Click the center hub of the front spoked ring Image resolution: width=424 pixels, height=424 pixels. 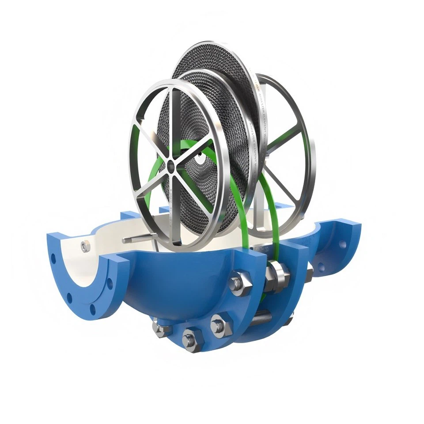(170, 167)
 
